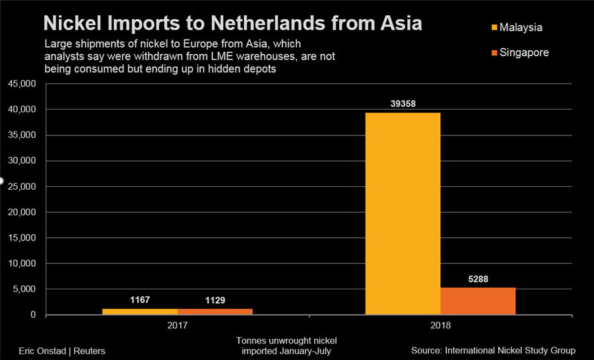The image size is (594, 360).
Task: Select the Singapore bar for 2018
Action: pos(478,301)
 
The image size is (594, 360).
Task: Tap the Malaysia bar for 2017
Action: pos(140,312)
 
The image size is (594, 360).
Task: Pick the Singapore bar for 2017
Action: pos(215,312)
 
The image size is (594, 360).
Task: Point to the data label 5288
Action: pos(478,279)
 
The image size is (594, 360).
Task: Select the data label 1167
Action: pos(140,301)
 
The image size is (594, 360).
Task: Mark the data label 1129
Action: pos(215,301)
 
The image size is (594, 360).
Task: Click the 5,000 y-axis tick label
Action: pos(25,289)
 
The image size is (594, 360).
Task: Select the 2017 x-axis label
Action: pos(178,326)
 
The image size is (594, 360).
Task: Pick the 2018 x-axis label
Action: pos(440,326)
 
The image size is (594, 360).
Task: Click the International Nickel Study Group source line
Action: pos(494,350)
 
